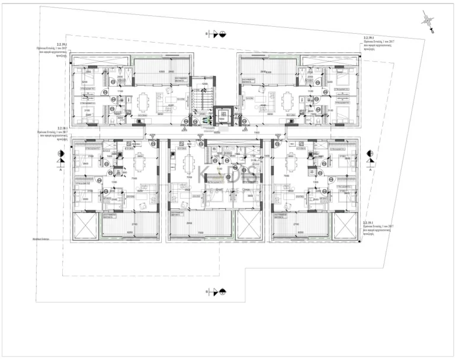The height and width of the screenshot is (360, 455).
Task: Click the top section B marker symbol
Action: [217, 34]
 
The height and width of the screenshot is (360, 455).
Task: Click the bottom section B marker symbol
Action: [217, 291]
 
